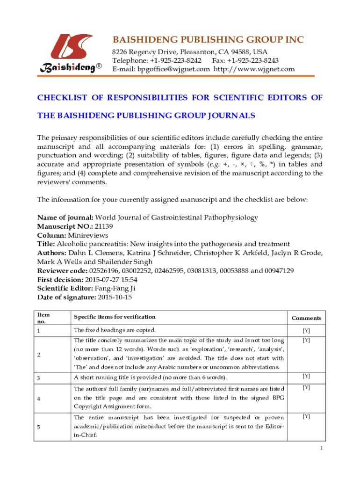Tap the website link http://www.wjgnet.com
(x=254, y=69)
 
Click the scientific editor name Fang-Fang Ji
(x=114, y=288)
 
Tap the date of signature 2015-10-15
(x=115, y=297)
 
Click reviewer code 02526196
(x=103, y=270)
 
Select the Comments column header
(x=306, y=318)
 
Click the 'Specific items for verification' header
(x=115, y=317)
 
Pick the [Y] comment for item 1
(x=306, y=331)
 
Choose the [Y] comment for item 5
(x=306, y=416)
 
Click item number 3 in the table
(x=39, y=377)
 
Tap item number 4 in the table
(x=39, y=399)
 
